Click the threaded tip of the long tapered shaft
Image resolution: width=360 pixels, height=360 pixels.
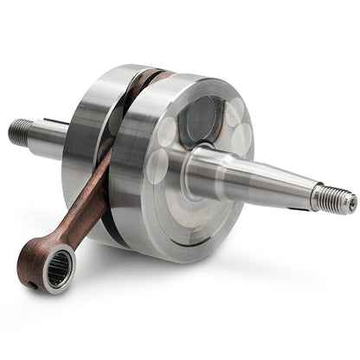click(333, 198)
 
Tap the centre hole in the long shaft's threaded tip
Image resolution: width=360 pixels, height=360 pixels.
click(351, 203)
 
